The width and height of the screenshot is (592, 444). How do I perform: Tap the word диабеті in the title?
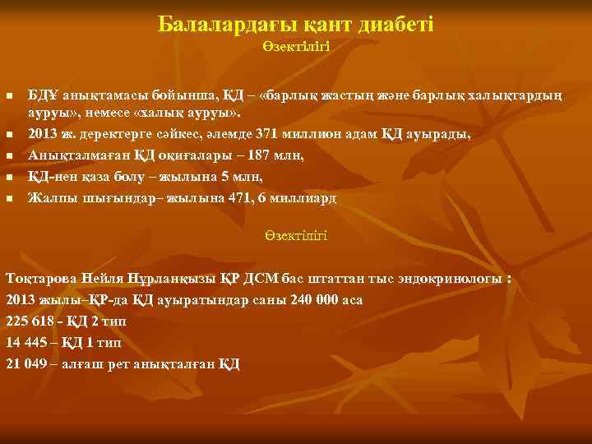point(397,25)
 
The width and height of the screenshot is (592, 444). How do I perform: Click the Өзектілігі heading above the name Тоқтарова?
point(296,235)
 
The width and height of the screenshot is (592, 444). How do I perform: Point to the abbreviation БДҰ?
point(43,96)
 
